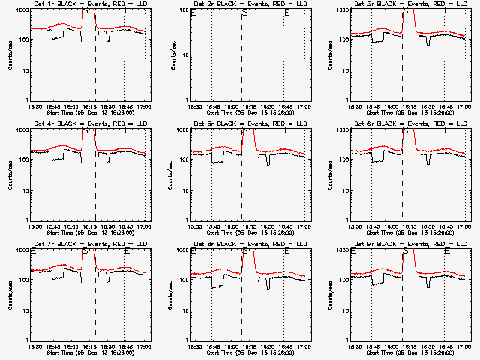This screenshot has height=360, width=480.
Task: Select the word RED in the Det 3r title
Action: click(x=430, y=4)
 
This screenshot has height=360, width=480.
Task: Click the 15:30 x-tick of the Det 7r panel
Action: click(x=34, y=348)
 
